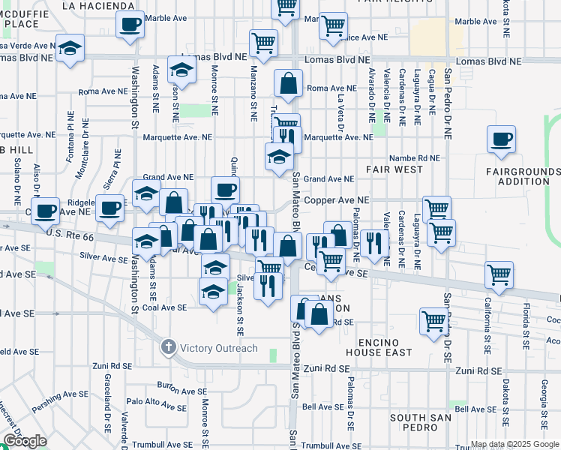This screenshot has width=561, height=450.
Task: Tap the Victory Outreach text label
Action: tap(217, 348)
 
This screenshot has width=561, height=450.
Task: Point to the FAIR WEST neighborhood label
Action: tap(394, 169)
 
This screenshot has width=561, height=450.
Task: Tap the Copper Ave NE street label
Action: tap(342, 200)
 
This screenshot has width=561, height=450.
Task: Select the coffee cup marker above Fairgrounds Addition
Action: tap(502, 139)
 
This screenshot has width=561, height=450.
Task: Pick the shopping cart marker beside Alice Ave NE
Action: tap(333, 26)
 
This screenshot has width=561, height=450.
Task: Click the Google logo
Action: tap(25, 441)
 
